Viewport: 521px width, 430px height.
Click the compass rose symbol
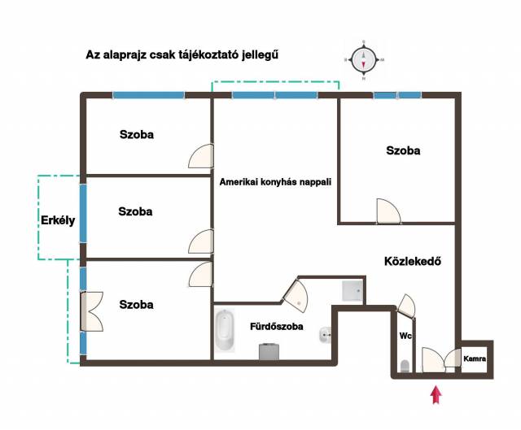point(364,60)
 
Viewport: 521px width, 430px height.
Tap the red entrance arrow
point(436,394)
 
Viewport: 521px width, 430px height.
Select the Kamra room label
point(475,358)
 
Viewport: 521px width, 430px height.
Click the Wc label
point(405,336)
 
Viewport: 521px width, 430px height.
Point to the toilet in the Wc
point(405,366)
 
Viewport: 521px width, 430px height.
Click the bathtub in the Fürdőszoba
point(225,331)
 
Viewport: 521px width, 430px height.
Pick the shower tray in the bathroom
point(352,291)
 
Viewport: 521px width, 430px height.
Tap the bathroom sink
point(326,335)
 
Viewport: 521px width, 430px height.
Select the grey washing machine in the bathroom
point(269,352)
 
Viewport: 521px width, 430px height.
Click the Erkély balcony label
point(58,220)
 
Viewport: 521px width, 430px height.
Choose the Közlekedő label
point(413,262)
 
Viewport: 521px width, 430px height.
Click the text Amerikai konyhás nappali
point(275,182)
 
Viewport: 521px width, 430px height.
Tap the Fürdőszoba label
point(277,327)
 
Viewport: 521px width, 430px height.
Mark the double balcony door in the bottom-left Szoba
point(92,311)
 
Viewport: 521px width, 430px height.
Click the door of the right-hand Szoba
point(389,211)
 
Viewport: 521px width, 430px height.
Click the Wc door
point(407,306)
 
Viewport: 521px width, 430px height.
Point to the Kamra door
point(453,358)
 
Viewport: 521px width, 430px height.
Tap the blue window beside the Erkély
point(83,214)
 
